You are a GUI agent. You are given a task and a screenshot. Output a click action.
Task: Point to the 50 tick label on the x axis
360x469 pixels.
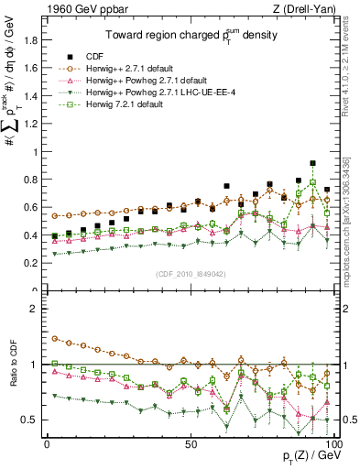click(191, 442)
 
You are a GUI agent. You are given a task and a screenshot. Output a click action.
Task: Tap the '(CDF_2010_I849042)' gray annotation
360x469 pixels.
click(190, 274)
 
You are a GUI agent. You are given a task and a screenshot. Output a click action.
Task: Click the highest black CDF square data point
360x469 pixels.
click(313, 163)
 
